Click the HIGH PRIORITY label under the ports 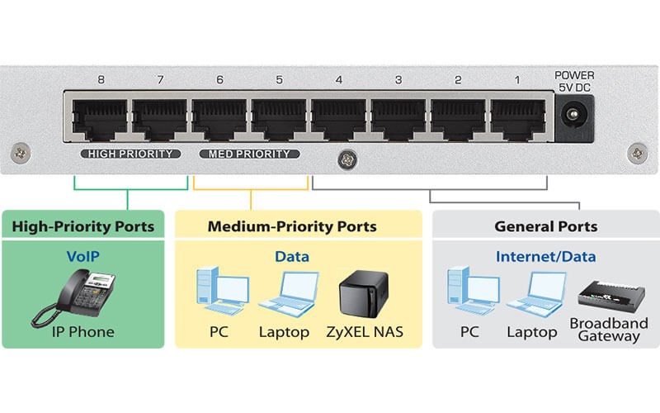(x=130, y=154)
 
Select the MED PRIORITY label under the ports (x=249, y=154)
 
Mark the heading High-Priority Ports (x=83, y=225)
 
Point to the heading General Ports (x=545, y=225)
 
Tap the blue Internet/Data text (x=545, y=256)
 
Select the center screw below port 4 (x=344, y=156)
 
